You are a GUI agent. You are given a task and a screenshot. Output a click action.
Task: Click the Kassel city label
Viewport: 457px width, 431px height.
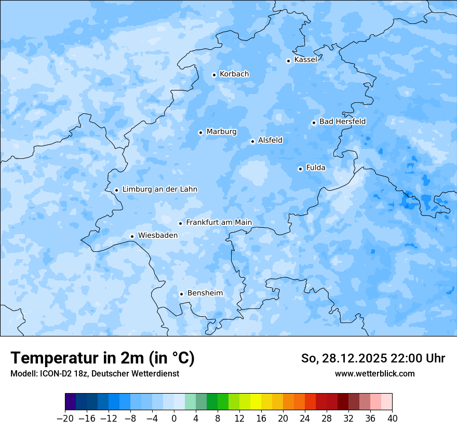(x=305, y=60)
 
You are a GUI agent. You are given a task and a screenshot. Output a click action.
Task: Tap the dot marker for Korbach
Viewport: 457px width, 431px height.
(x=214, y=75)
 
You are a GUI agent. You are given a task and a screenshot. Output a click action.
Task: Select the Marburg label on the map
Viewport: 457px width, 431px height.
(x=221, y=132)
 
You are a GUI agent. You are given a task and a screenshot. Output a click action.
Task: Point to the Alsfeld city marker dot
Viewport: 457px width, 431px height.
(x=252, y=141)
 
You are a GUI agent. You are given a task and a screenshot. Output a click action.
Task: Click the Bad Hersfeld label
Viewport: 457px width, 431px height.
(x=342, y=122)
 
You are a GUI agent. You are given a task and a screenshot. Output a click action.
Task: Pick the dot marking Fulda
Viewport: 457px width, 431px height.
(x=300, y=169)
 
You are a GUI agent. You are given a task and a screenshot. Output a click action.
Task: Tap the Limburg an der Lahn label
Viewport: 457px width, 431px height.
(x=159, y=190)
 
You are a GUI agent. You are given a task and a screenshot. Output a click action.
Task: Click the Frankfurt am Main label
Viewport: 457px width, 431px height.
(x=219, y=222)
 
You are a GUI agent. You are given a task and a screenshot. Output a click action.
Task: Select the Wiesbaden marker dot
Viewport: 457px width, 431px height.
(x=132, y=236)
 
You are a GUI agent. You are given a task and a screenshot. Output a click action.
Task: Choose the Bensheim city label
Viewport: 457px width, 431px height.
(x=205, y=293)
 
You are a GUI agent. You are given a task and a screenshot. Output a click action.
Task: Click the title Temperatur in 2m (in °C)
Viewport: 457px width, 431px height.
(x=103, y=358)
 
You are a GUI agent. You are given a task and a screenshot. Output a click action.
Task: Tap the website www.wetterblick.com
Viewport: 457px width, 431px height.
(x=374, y=373)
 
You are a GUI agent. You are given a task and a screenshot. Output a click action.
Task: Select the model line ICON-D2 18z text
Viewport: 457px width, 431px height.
(x=60, y=373)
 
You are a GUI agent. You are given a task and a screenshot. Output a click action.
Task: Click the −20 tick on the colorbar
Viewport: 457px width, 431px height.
(x=65, y=419)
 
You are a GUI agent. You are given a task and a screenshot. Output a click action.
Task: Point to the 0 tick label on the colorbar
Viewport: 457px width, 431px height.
(x=174, y=419)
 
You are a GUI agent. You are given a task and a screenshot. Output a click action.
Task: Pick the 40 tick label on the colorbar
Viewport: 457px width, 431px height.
(x=392, y=419)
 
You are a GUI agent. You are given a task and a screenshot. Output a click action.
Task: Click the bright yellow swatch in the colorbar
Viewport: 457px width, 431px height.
(x=256, y=402)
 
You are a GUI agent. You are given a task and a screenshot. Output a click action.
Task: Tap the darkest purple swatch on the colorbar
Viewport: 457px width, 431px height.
(x=71, y=402)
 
